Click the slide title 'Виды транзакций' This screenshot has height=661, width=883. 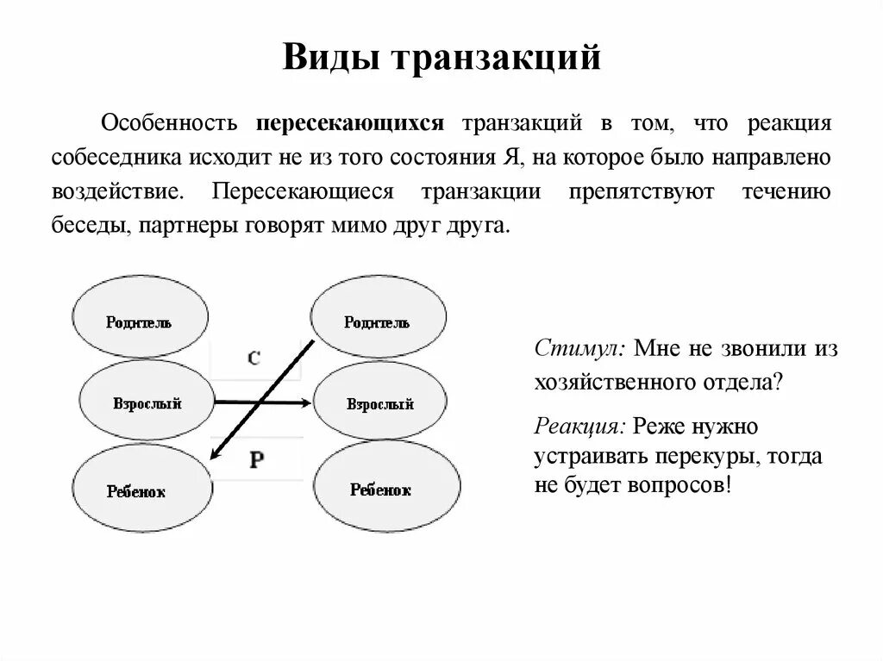441,59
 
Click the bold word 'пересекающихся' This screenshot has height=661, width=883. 349,123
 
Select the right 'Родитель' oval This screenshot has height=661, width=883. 378,321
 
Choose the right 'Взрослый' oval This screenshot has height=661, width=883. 380,402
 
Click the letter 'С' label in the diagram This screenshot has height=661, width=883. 254,358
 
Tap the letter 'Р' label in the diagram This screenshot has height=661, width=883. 256,459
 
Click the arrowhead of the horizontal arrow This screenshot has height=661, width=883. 304,402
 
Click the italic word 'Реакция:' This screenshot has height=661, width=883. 580,426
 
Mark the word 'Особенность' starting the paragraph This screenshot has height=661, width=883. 170,123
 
